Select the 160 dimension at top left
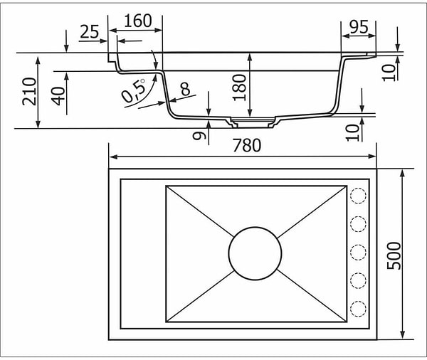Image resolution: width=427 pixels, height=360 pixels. pos(137,21)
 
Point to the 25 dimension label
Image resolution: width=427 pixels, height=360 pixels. pos(89,31)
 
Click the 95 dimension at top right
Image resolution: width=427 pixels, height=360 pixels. pos(359,27)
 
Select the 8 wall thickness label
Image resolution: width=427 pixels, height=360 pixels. pos(185,89)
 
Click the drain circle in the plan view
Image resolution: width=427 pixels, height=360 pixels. pos(255,253)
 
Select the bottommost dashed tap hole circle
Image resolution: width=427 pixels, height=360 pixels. pos(358,308)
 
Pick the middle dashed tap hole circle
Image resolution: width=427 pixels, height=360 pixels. pos(358,252)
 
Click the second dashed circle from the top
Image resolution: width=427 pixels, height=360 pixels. pos(358,223)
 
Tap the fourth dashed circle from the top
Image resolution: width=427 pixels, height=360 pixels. pos(358,280)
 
